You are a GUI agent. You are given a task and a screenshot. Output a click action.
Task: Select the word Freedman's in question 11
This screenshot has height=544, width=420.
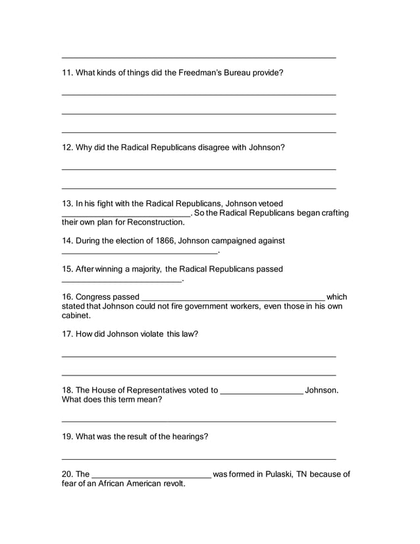coord(199,72)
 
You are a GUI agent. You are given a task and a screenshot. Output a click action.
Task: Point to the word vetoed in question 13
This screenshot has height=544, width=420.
coord(271,204)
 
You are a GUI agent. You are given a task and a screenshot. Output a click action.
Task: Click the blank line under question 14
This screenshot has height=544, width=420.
coord(139,252)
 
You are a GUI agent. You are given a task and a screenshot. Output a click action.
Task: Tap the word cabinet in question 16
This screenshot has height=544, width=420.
coord(75,315)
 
